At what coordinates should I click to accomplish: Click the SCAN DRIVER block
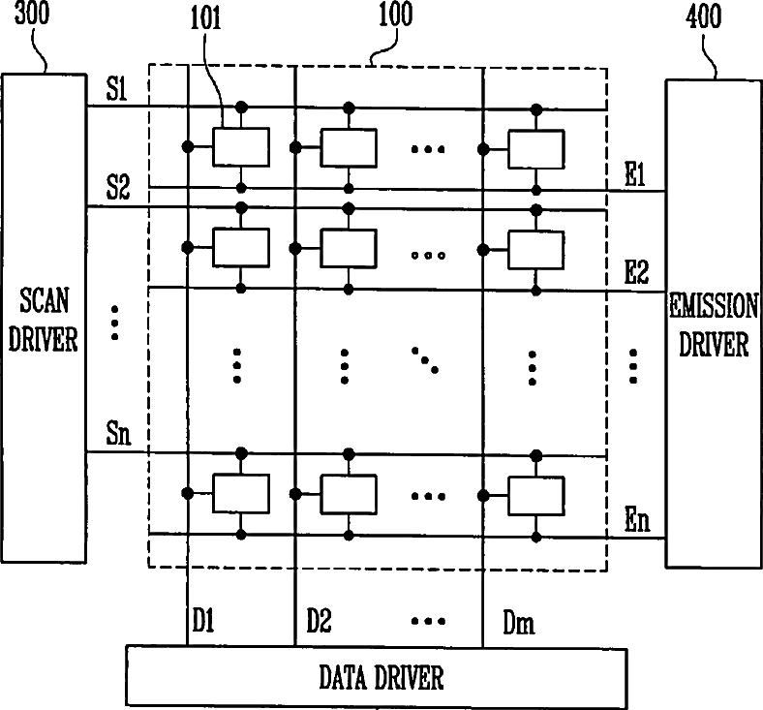44,319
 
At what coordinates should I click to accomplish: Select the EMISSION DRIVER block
714,324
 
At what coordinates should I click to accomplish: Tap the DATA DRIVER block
377,676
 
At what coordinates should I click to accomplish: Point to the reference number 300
32,14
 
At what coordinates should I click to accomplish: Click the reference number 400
703,16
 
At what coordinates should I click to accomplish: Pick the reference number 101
205,19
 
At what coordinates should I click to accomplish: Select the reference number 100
396,14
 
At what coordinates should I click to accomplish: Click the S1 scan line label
117,89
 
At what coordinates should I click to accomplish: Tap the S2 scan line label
118,187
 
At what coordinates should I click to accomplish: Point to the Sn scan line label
119,433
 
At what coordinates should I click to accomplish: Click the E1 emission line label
635,174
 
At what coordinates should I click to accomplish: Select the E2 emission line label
636,272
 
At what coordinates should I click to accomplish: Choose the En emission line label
637,520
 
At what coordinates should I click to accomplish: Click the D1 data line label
203,621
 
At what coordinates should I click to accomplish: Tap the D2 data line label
320,621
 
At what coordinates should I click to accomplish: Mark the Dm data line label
519,623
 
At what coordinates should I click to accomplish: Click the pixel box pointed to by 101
241,147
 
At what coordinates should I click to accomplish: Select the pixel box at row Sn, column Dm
536,495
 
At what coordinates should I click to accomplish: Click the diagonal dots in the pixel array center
425,360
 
